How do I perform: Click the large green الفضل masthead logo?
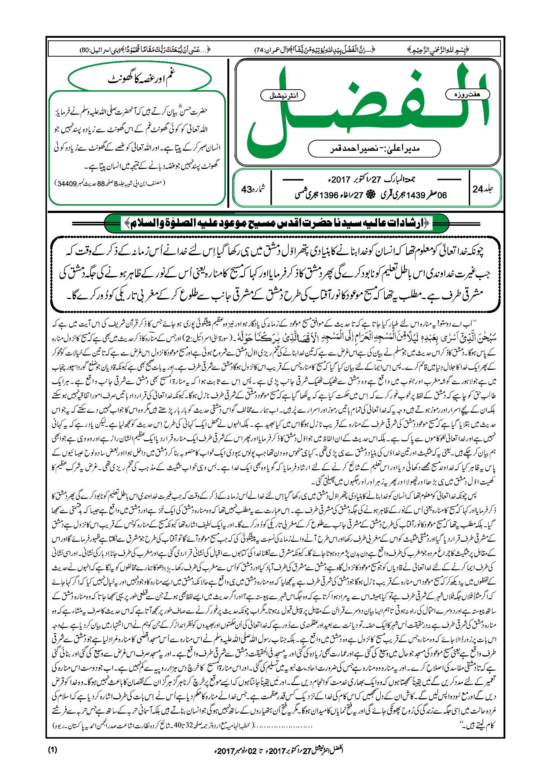(367, 110)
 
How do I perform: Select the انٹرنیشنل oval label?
(283, 96)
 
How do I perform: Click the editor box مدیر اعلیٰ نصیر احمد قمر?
(374, 148)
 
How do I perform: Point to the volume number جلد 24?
(483, 189)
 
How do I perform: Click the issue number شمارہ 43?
(253, 189)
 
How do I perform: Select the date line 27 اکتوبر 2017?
(371, 180)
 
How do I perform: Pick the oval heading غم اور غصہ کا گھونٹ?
(140, 79)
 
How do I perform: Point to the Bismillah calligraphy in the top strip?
(438, 49)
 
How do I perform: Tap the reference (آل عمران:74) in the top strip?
(271, 49)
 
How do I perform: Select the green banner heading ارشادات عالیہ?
(277, 223)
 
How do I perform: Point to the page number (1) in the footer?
(52, 750)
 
